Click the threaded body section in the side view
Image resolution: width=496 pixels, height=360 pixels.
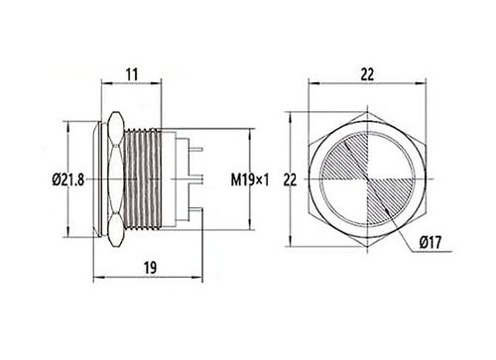(x=145, y=180)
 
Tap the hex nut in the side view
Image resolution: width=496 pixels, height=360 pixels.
(x=117, y=180)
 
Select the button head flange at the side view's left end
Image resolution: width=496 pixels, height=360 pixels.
(x=100, y=180)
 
